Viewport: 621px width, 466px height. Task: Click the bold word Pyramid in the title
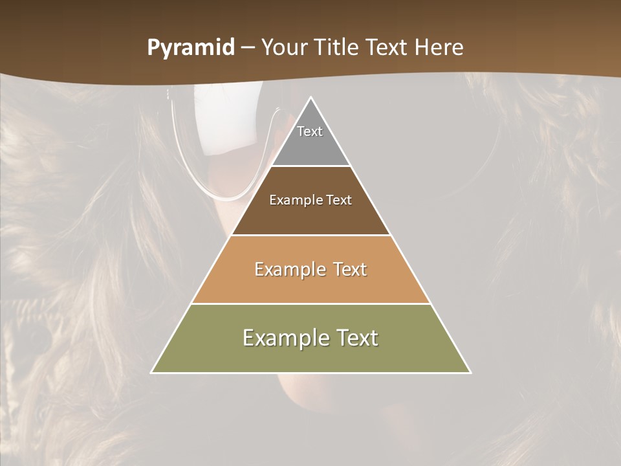[191, 47]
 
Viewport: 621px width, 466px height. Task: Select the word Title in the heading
[340, 47]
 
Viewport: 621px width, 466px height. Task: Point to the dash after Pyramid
[248, 48]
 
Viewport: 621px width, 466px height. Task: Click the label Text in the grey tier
[310, 131]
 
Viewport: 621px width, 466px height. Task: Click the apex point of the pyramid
[311, 98]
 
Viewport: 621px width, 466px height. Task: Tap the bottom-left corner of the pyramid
[153, 372]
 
